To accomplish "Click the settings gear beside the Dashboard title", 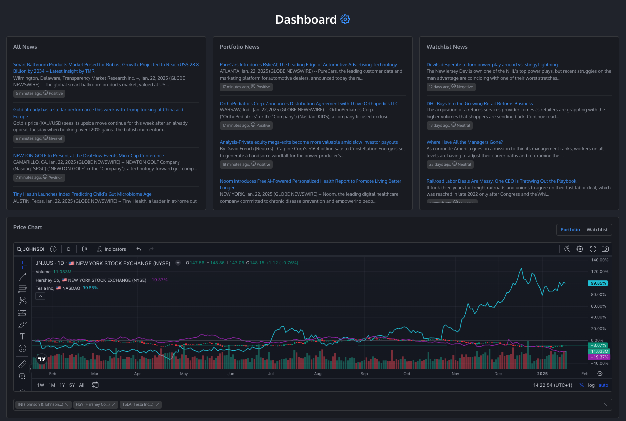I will (345, 20).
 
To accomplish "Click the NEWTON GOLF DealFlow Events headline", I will (89, 155).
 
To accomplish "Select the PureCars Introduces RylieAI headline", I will (308, 65).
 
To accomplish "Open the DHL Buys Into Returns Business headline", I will (479, 104).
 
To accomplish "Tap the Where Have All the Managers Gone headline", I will (464, 142).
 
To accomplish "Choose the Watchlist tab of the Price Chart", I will (597, 230).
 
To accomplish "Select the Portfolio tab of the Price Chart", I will (570, 230).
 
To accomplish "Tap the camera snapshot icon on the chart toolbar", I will (605, 249).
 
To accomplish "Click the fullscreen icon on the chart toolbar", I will (593, 249).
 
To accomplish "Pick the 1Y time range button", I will (62, 385).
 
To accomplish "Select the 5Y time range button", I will (72, 385).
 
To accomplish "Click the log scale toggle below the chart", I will (591, 385).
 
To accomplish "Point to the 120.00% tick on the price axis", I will (599, 272).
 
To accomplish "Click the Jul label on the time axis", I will (271, 374).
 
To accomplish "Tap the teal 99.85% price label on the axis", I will (598, 283).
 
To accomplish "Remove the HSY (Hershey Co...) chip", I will (115, 405).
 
